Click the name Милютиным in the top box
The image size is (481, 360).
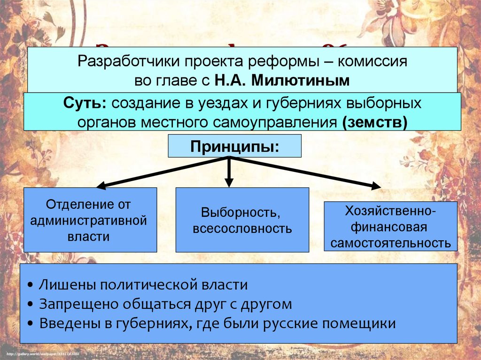coord(301,81)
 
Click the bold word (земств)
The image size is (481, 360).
coord(375,122)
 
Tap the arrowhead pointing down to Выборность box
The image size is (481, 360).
coord(229,183)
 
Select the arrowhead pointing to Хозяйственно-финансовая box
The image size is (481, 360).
coord(376,187)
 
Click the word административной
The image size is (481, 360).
coord(89,221)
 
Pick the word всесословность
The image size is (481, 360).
coord(242,229)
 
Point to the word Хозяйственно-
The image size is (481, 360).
coord(390,212)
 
